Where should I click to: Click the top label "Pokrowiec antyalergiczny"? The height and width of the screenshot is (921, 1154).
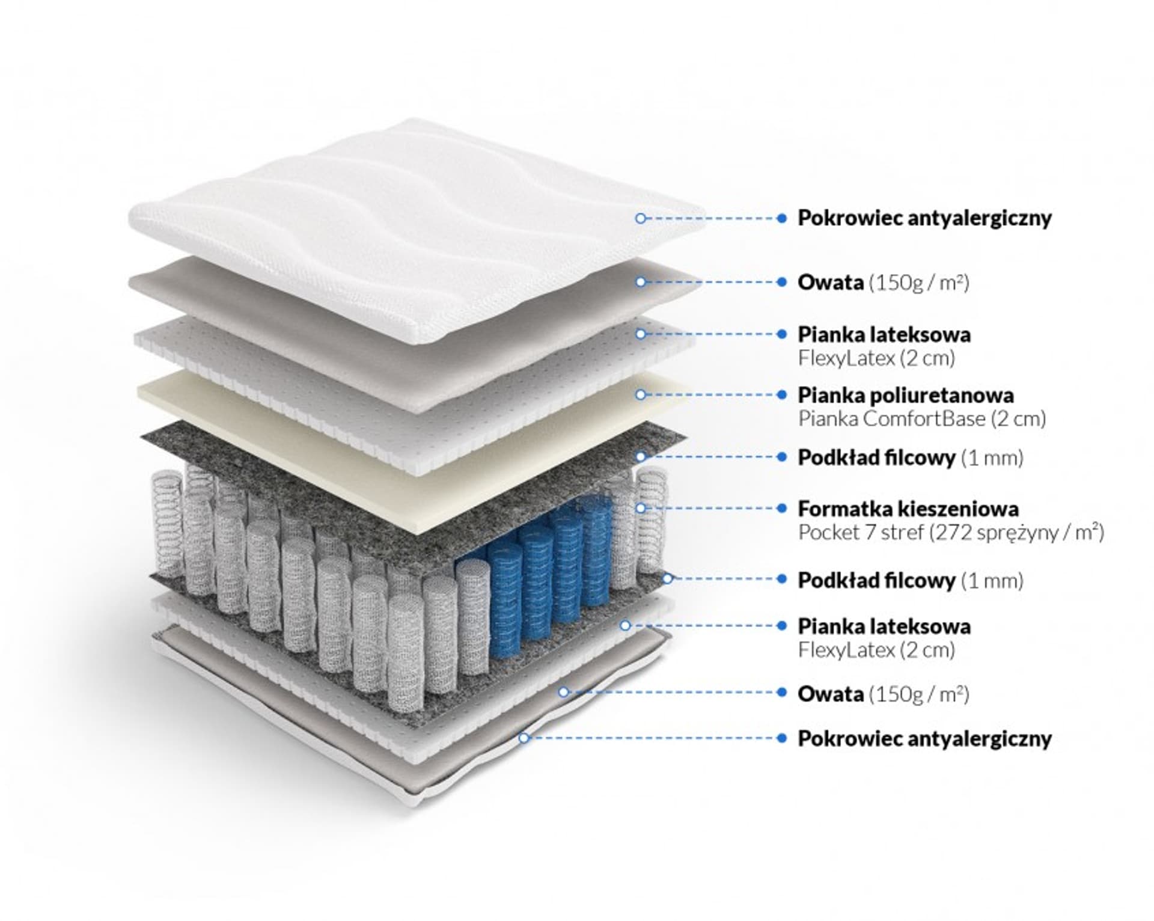point(924,218)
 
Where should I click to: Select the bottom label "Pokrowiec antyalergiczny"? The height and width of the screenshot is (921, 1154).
point(924,738)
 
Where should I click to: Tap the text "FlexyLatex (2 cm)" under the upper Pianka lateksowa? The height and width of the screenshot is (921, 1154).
point(876,358)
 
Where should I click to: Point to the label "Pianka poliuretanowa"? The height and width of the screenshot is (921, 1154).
point(905,395)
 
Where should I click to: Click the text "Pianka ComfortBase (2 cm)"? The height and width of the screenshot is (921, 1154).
point(921,418)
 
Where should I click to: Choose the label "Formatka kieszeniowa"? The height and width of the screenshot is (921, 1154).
point(908,509)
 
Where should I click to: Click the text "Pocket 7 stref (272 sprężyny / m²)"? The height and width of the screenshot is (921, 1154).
point(950,533)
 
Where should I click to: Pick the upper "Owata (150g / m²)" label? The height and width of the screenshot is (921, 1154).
point(883,282)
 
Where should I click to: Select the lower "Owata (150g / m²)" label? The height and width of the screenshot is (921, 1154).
point(883,694)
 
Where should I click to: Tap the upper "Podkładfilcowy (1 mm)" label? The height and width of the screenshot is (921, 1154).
point(910,457)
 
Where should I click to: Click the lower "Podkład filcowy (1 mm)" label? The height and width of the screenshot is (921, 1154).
point(910,580)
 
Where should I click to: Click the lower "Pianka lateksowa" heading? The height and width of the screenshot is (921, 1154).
point(884,626)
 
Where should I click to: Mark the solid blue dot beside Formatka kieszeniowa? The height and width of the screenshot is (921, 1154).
point(781,509)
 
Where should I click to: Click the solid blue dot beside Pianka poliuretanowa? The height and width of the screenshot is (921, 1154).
point(781,395)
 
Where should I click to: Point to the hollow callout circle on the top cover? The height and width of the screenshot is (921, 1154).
point(640,218)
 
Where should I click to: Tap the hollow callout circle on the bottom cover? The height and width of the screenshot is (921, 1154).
point(524,738)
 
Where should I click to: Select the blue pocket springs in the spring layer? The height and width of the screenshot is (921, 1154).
point(541,571)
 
